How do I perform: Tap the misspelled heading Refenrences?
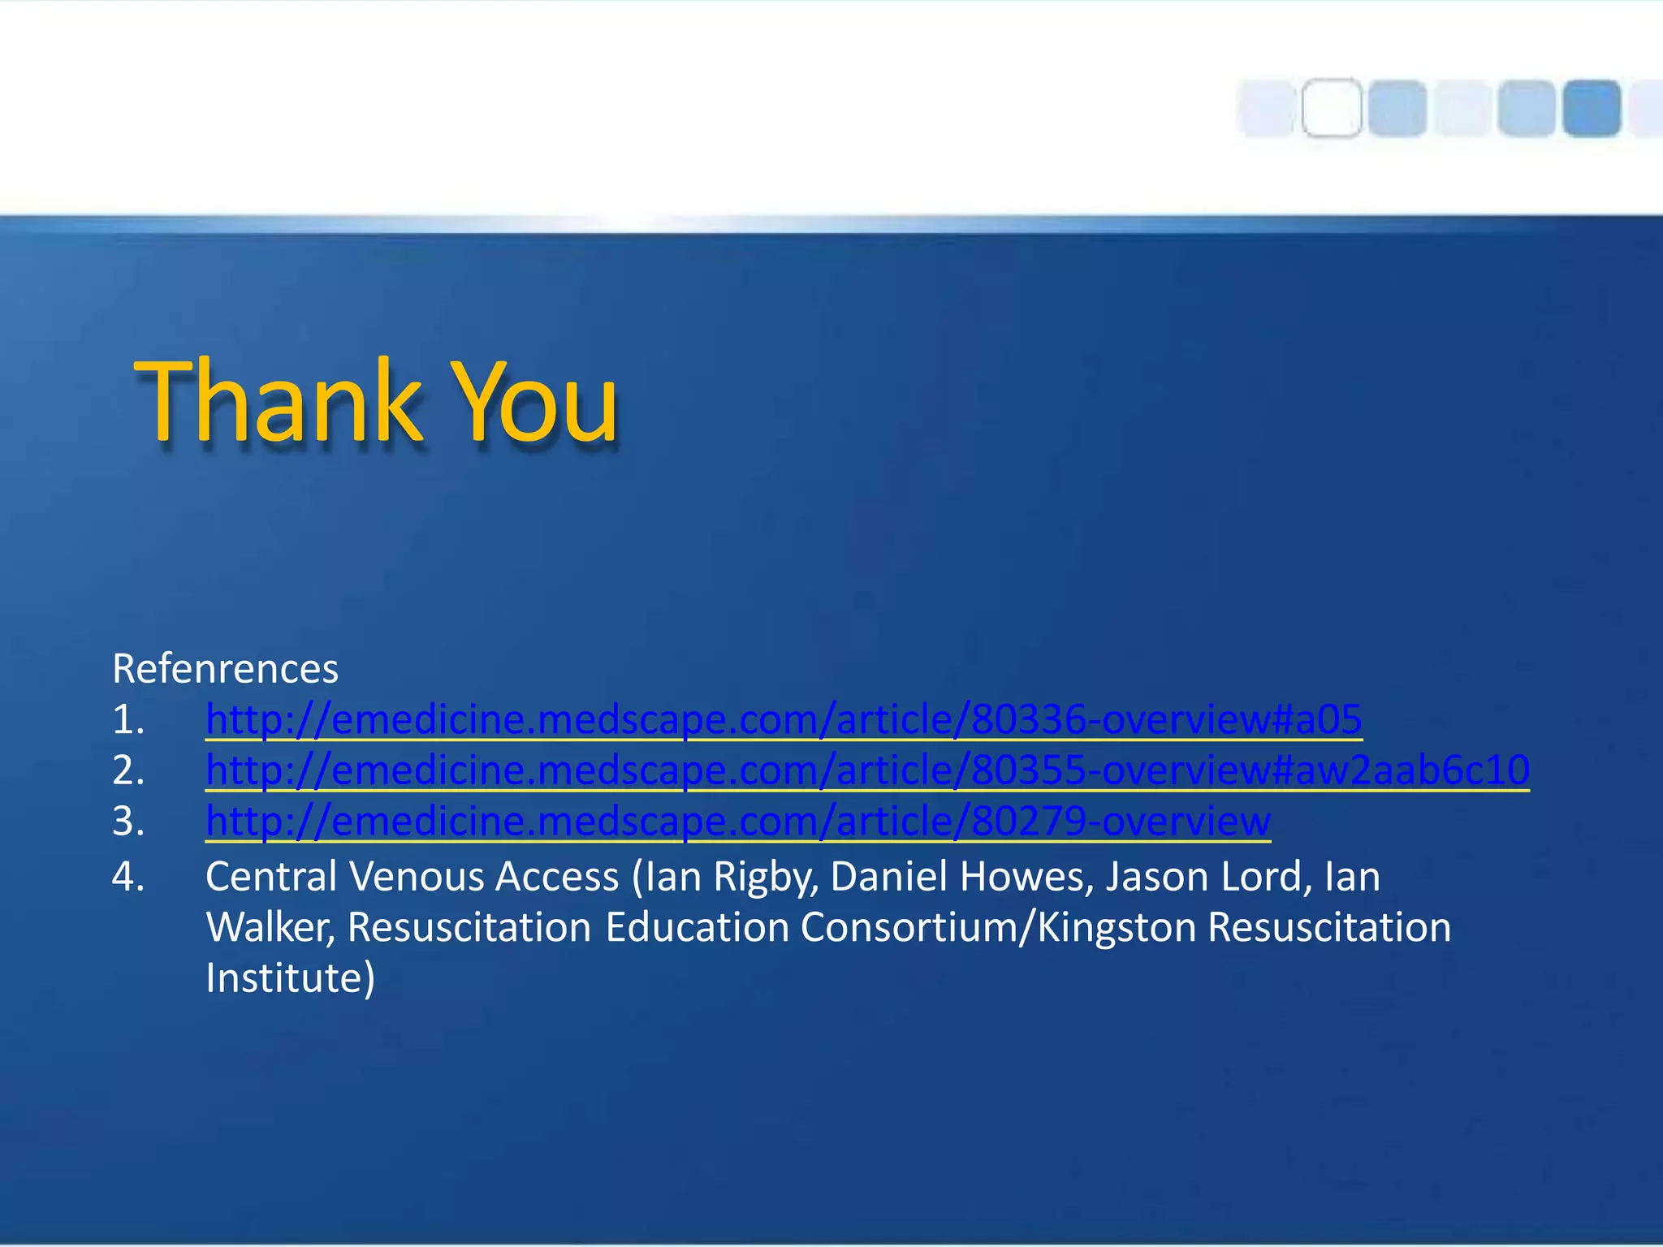pyautogui.click(x=225, y=669)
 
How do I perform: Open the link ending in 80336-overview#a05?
pyautogui.click(x=784, y=719)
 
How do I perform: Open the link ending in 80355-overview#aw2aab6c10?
pyautogui.click(x=867, y=770)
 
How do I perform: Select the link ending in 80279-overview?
pyautogui.click(x=738, y=821)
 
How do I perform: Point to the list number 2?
pyautogui.click(x=127, y=770)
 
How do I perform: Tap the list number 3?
pyautogui.click(x=127, y=822)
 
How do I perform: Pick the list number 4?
pyautogui.click(x=127, y=877)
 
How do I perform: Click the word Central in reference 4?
pyautogui.click(x=271, y=877)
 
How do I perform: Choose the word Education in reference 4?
pyautogui.click(x=697, y=928)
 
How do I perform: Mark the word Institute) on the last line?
pyautogui.click(x=290, y=978)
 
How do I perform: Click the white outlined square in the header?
pyautogui.click(x=1332, y=108)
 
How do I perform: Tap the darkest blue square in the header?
pyautogui.click(x=1592, y=108)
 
